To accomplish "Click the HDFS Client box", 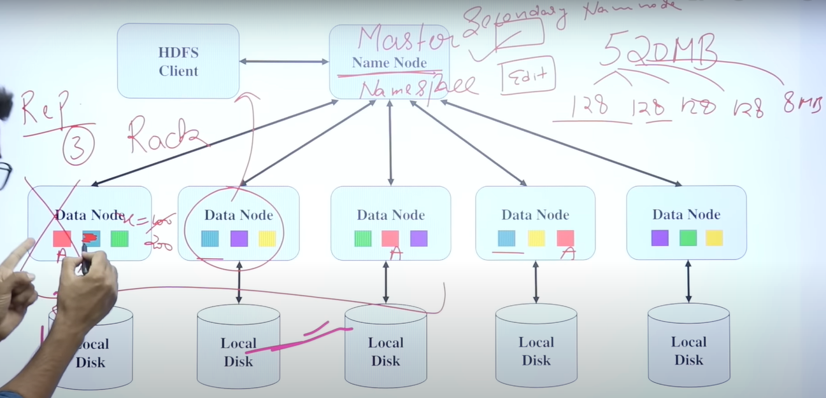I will tap(178, 61).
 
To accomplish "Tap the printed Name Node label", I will tap(389, 63).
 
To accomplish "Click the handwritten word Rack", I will tap(167, 135).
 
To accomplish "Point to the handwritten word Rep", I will tap(43, 109).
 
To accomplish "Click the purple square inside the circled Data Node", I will tap(239, 238).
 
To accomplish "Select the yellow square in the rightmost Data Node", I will tap(715, 238).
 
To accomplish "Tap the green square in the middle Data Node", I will tap(363, 238).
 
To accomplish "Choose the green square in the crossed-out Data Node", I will tap(120, 238).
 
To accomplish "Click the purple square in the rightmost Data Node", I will tap(660, 238).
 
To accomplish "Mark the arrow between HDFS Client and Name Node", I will tap(284, 62).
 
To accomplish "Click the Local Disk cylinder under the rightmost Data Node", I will tap(688, 347).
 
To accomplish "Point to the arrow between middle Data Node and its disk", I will tap(386, 282).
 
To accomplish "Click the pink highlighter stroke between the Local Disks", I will tap(299, 337).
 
